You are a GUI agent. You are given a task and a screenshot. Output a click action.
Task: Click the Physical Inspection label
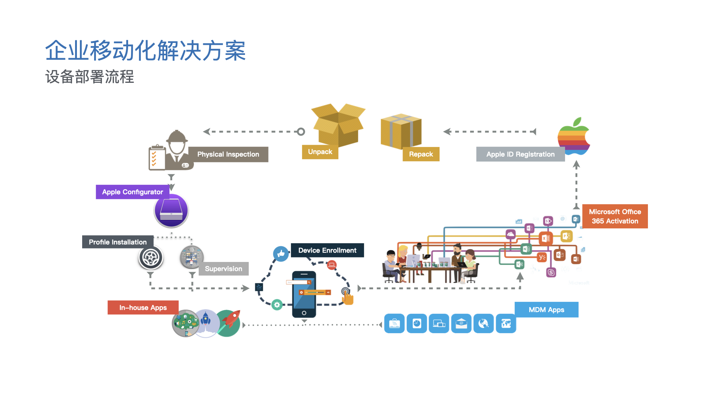point(228,154)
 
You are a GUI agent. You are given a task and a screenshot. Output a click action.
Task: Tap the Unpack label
point(320,152)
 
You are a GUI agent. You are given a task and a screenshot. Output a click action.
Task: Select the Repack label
point(421,154)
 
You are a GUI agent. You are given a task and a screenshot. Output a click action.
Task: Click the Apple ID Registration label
point(520,154)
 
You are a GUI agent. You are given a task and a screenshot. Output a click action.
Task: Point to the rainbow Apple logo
point(573,136)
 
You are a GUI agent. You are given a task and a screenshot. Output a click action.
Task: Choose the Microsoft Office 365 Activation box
point(615,216)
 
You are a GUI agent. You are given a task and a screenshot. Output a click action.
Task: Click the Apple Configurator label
point(133,192)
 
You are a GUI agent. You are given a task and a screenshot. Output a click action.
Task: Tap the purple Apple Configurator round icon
point(171,211)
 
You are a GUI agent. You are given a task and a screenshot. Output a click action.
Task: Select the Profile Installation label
point(118,242)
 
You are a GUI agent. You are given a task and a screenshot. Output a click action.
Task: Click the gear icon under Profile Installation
point(151,257)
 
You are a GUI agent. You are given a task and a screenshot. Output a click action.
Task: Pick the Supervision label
point(223,269)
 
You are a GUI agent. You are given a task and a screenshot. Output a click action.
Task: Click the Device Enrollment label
point(327,250)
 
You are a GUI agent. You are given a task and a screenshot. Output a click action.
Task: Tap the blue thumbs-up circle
point(281,254)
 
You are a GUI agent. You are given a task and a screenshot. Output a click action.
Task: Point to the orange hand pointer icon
point(347,297)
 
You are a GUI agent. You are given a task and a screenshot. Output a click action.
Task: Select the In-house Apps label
point(143,308)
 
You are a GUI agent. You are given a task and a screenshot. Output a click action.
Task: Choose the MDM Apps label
point(546,310)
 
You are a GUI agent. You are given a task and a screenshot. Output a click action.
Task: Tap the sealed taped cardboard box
point(401,131)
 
